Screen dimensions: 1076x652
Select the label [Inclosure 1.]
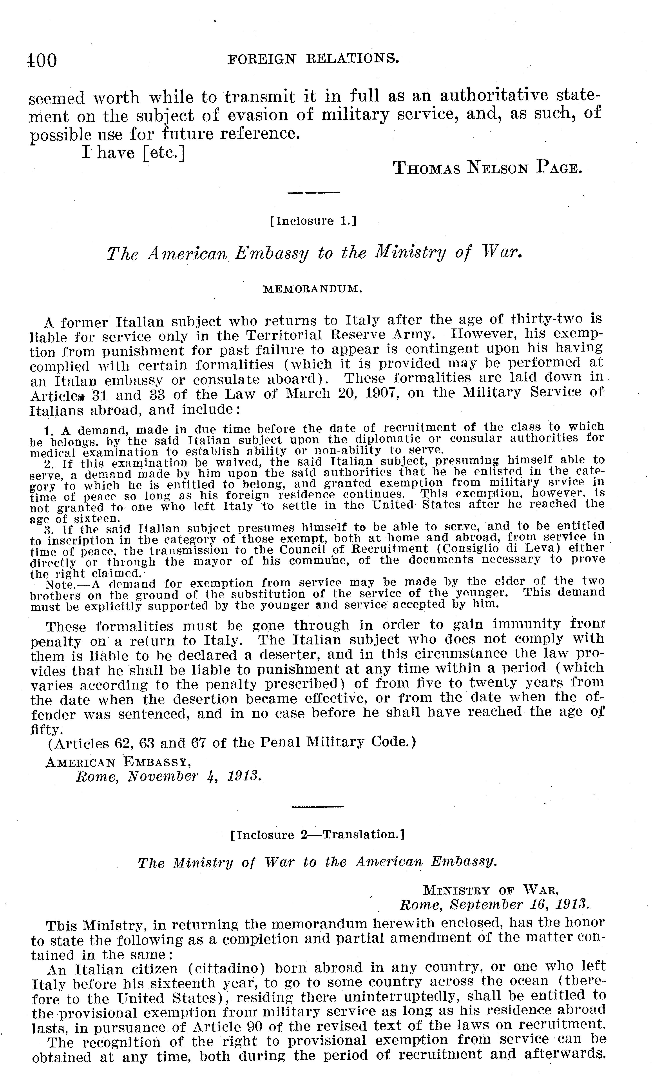pos(313,221)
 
